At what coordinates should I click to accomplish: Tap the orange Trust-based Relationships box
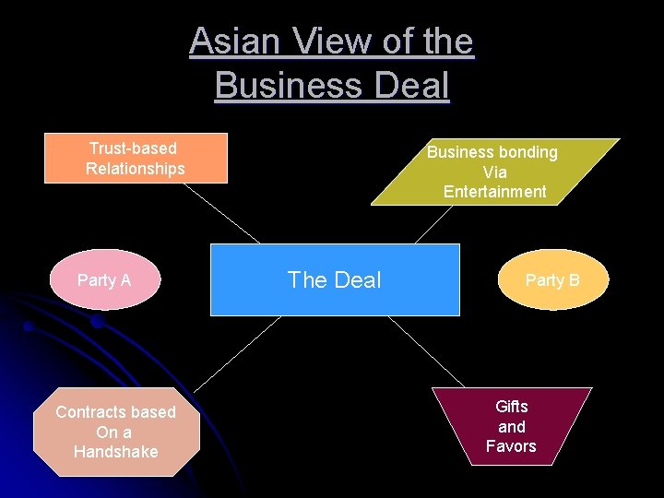(136, 158)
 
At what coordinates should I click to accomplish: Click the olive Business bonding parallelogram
(494, 172)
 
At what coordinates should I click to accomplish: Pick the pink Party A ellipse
(104, 279)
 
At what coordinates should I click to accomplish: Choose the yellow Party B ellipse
(553, 279)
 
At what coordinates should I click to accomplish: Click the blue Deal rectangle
(335, 279)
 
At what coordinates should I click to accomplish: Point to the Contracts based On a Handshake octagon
(116, 432)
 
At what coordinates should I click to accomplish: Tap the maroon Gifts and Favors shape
(512, 426)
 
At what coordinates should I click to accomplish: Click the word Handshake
(116, 452)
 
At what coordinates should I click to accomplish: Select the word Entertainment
(494, 192)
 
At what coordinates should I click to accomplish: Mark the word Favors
(511, 446)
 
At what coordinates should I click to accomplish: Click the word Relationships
(136, 169)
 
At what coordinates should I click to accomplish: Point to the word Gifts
(512, 407)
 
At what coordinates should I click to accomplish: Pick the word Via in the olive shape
(494, 172)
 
